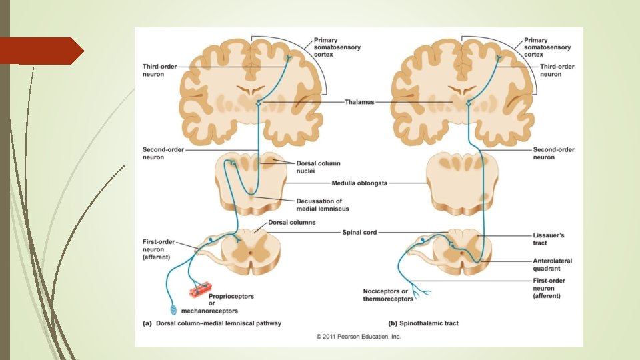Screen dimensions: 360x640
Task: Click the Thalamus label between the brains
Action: pyautogui.click(x=359, y=102)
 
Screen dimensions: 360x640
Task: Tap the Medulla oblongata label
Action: pyautogui.click(x=359, y=183)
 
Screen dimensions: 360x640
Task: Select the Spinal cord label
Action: pyautogui.click(x=359, y=232)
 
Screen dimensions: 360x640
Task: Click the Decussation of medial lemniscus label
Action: pyautogui.click(x=319, y=204)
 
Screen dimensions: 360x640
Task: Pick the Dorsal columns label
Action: pyautogui.click(x=291, y=222)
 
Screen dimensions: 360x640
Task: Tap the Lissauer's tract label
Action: pyautogui.click(x=549, y=239)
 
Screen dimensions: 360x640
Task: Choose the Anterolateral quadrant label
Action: pyautogui.click(x=553, y=265)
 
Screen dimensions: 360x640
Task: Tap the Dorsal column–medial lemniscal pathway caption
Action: pyautogui.click(x=213, y=323)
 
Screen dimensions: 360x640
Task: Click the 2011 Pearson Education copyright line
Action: pyautogui.click(x=359, y=337)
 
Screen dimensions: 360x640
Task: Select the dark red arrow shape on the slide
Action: pyautogui.click(x=41, y=51)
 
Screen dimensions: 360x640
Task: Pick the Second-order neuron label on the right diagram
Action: pyautogui.click(x=553, y=153)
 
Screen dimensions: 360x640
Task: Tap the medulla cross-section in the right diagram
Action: pyautogui.click(x=462, y=182)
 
